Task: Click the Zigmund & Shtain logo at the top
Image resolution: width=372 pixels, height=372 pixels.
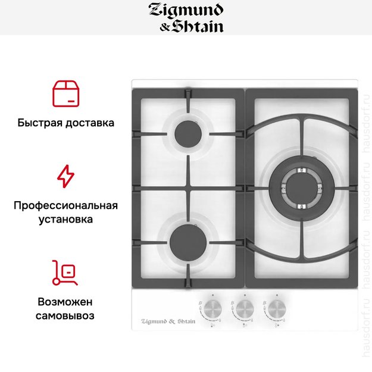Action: (x=186, y=18)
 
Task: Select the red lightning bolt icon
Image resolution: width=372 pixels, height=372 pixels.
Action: (x=65, y=176)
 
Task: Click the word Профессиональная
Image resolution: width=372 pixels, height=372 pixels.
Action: (x=65, y=206)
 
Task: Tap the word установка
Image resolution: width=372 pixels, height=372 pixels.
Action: (x=65, y=220)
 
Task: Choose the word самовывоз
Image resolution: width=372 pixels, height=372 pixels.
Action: (x=65, y=315)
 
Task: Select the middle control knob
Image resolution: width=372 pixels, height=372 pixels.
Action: (x=244, y=307)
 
